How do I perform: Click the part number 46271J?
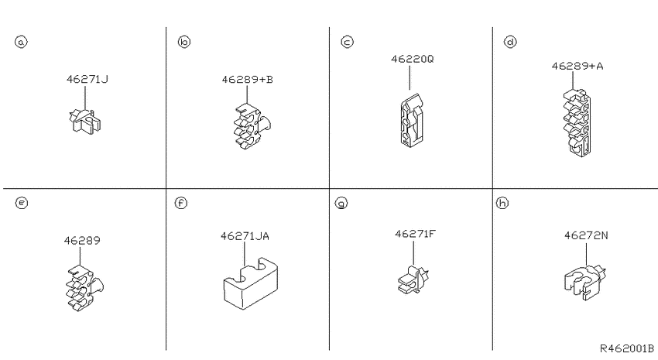tap(87, 79)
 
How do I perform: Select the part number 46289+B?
tap(247, 79)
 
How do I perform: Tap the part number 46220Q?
tap(412, 59)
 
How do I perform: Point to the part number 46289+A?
tap(577, 66)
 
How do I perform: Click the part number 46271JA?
tap(245, 236)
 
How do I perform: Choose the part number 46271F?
tap(415, 234)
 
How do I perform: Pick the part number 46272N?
tap(586, 235)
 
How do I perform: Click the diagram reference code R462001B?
tap(626, 348)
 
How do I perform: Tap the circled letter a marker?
tap(21, 42)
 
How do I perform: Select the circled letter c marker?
tap(347, 42)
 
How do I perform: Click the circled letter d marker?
tap(510, 42)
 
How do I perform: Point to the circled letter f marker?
tap(181, 203)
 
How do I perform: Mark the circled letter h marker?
tap(502, 203)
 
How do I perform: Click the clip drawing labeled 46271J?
tap(85, 122)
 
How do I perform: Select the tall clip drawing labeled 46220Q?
tap(412, 121)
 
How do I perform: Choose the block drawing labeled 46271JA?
tap(251, 283)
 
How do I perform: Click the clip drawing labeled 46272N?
tap(585, 281)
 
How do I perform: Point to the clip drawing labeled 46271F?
tap(413, 279)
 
